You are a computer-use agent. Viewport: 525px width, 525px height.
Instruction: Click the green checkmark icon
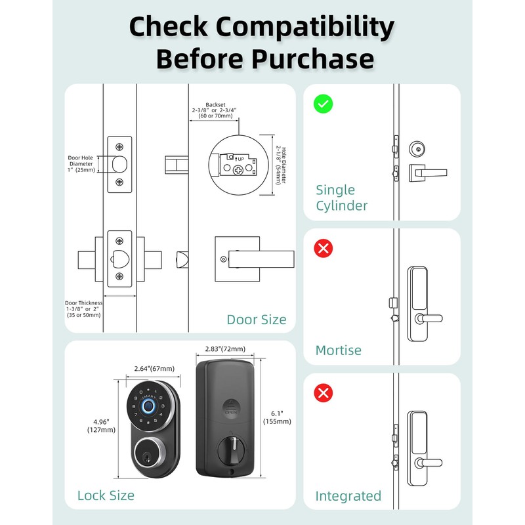coord(323,104)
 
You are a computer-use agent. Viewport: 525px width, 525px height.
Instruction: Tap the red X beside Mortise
coord(323,248)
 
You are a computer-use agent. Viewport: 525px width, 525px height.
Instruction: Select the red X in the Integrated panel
coord(323,393)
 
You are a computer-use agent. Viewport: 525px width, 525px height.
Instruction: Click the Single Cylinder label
coord(341,198)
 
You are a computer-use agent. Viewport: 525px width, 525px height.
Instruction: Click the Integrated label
coord(348,495)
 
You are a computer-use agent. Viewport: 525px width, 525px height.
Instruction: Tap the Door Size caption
coord(257,320)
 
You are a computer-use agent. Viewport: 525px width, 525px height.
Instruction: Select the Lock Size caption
coord(106,495)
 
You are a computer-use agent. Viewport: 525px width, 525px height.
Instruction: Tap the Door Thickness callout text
coord(83,308)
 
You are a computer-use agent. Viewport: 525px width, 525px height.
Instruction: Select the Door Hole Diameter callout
coord(82,163)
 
